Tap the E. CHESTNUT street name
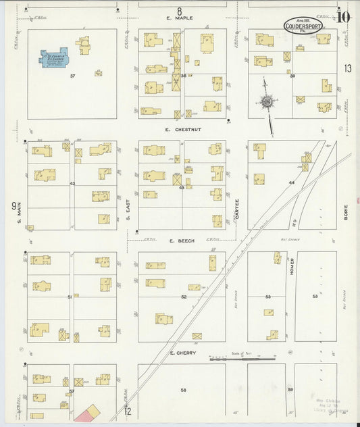182,129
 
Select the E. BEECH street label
182,241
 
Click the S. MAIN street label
20,213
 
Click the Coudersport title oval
301,26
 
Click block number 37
72,76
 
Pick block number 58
182,390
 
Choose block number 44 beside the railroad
292,183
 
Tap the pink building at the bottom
86,413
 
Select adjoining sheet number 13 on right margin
347,68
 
